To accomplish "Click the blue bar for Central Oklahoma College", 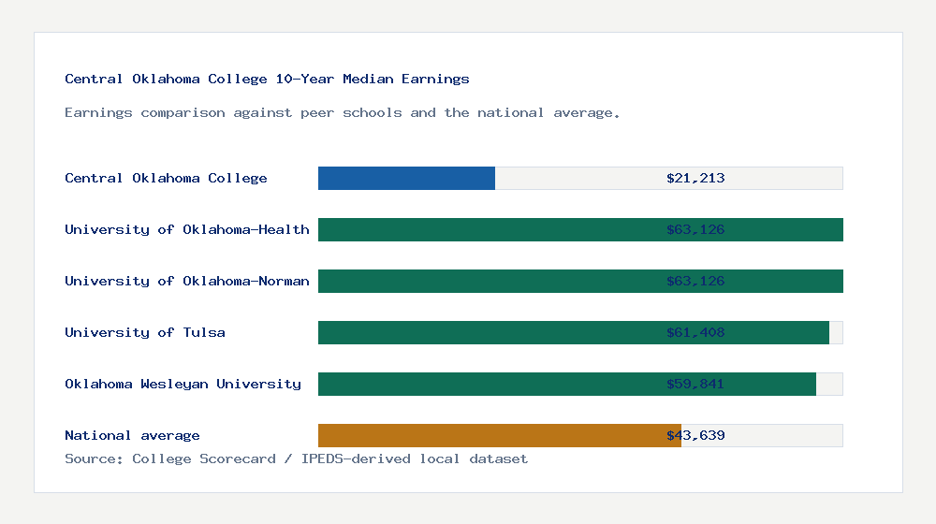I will (x=406, y=178).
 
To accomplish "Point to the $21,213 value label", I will (x=695, y=178).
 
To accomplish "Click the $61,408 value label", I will (x=695, y=332).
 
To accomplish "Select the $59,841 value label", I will (x=695, y=384).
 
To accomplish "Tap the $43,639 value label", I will (x=695, y=435).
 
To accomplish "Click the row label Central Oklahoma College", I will (x=166, y=178).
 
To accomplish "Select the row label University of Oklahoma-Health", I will (x=186, y=229).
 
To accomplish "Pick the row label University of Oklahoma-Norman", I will (x=186, y=281).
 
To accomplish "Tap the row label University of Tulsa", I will (x=144, y=332).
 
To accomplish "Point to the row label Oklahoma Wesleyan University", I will (x=183, y=384).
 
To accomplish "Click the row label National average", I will (x=132, y=435).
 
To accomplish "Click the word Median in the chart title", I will (x=368, y=79).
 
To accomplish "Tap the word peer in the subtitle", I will (x=317, y=112).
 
